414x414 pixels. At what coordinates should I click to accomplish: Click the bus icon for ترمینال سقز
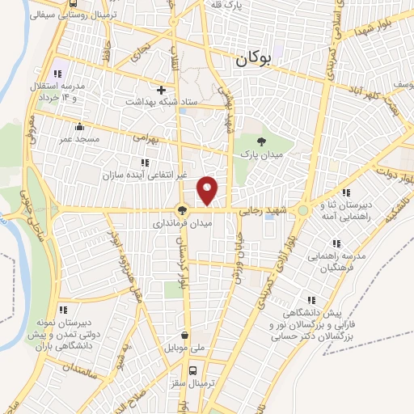click(x=192, y=370)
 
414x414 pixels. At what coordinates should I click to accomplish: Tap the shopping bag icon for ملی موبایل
click(x=186, y=336)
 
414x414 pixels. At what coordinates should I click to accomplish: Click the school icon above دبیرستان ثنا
click(x=346, y=192)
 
